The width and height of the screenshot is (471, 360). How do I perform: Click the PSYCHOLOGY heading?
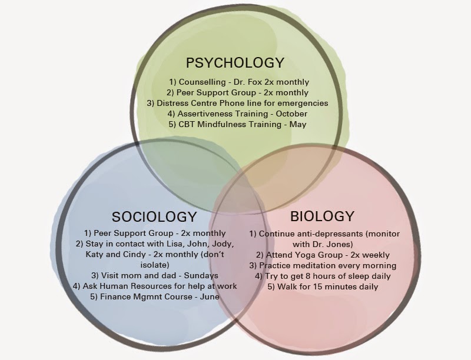point(235,63)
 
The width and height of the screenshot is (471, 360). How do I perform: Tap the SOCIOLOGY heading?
point(154,216)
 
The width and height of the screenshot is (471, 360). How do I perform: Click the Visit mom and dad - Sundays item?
point(154,275)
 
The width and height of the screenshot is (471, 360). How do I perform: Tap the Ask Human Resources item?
point(154,286)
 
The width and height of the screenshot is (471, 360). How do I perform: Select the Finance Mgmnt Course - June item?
point(154,296)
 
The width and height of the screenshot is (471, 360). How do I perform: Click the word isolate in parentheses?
point(154,265)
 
